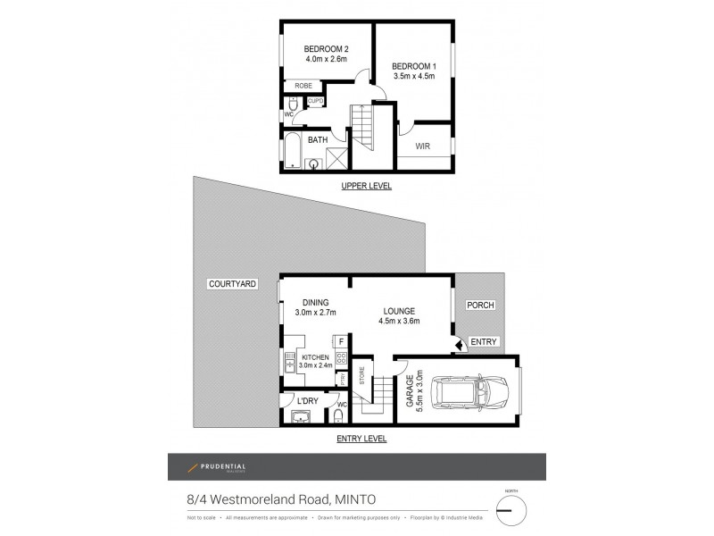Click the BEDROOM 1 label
click(x=414, y=65)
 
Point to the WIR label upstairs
click(x=424, y=144)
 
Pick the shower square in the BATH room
click(x=336, y=160)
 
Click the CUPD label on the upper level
click(x=314, y=102)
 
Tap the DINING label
click(x=315, y=302)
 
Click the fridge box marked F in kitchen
click(x=340, y=340)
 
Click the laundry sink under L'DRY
click(x=307, y=416)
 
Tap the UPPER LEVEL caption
click(x=366, y=186)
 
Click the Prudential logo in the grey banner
click(x=216, y=467)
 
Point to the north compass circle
click(x=511, y=510)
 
